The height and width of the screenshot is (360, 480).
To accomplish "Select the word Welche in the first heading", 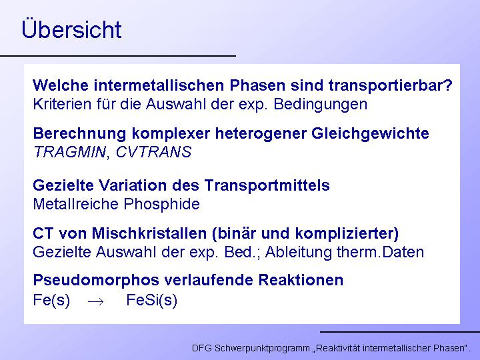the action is (61, 85).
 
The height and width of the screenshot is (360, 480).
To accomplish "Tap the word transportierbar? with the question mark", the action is (390, 86).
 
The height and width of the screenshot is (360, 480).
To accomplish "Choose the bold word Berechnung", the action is (79, 134).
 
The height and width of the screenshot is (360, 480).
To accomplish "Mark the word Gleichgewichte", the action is (370, 134).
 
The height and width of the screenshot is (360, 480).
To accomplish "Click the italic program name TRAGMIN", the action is (69, 152).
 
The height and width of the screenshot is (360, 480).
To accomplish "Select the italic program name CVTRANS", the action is (154, 152).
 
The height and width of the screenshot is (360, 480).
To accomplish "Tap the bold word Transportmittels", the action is (267, 186).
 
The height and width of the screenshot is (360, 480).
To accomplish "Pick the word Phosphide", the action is (161, 205).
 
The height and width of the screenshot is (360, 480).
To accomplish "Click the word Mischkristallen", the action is (149, 233).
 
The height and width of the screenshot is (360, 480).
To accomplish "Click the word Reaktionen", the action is (301, 280).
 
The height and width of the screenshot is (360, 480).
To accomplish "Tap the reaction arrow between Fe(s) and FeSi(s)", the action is (95, 301).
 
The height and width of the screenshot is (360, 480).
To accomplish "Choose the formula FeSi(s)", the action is (152, 300).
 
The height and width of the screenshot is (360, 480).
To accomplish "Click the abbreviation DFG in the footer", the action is (201, 348).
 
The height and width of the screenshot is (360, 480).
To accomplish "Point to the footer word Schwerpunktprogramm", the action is (262, 349).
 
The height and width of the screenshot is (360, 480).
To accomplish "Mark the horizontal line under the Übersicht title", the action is (118, 56).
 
